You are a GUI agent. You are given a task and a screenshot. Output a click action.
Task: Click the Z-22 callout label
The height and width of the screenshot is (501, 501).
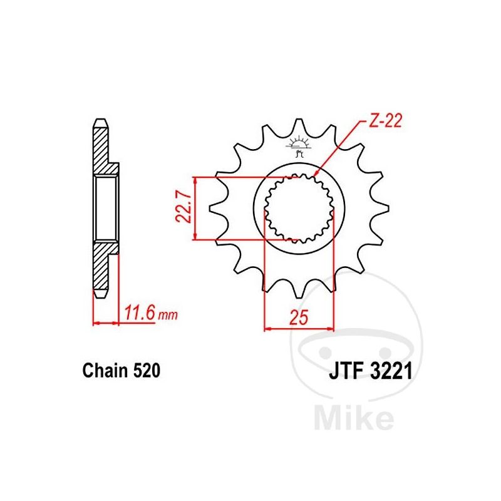pos(385,121)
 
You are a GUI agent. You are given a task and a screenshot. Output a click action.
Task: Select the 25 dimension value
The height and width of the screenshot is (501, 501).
pos(299,317)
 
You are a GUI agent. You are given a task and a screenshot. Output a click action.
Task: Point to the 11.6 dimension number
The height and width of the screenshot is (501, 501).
pos(140,313)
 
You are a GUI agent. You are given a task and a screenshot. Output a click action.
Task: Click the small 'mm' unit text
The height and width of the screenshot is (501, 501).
pos(168,316)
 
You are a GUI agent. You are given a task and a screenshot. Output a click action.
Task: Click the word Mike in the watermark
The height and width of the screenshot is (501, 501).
pos(354,416)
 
